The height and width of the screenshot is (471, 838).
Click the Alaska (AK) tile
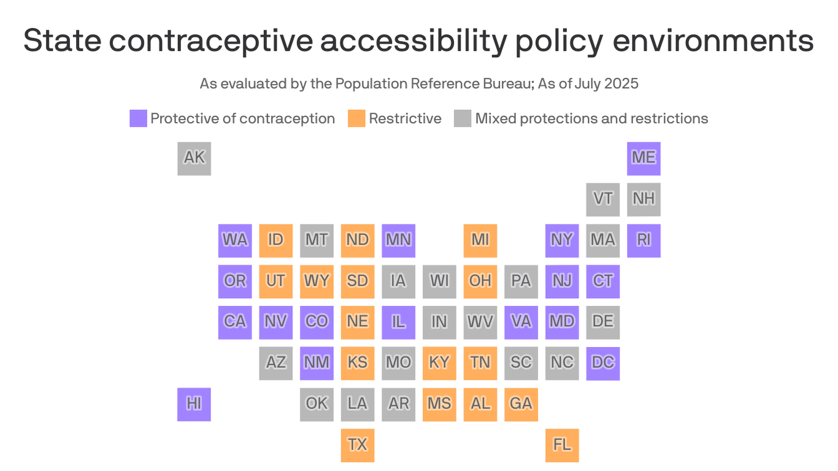click(194, 158)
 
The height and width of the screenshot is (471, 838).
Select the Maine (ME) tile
click(644, 158)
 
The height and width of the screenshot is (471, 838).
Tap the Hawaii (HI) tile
click(194, 404)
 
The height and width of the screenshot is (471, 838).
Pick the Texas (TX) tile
click(358, 445)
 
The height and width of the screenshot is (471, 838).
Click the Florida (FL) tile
click(562, 445)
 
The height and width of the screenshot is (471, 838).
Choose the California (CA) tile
click(235, 322)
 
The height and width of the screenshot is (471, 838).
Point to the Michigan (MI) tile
click(480, 240)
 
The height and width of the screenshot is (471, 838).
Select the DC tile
click(602, 363)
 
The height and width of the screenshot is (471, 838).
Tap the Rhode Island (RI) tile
click(644, 240)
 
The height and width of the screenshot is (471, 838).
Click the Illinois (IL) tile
click(398, 322)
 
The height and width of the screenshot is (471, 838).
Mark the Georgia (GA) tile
click(521, 404)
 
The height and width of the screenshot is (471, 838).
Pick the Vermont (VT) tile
click(602, 199)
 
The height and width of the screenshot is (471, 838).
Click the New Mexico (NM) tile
click(317, 363)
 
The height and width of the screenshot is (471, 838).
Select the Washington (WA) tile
click(235, 240)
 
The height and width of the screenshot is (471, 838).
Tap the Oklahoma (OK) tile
click(317, 404)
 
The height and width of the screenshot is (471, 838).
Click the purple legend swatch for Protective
click(138, 118)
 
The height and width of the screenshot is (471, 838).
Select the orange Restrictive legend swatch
click(356, 118)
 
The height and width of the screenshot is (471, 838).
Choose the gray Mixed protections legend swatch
click(463, 118)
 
